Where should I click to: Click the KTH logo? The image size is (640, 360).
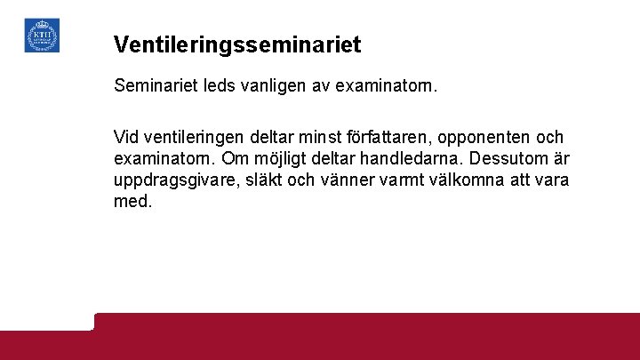pyautogui.click(x=42, y=35)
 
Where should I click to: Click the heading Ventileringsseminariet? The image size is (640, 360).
pyautogui.click(x=237, y=43)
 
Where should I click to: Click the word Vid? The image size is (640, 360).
pyautogui.click(x=128, y=138)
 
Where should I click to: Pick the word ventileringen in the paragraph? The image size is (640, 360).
pyautogui.click(x=198, y=138)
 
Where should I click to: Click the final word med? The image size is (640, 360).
pyautogui.click(x=132, y=201)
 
